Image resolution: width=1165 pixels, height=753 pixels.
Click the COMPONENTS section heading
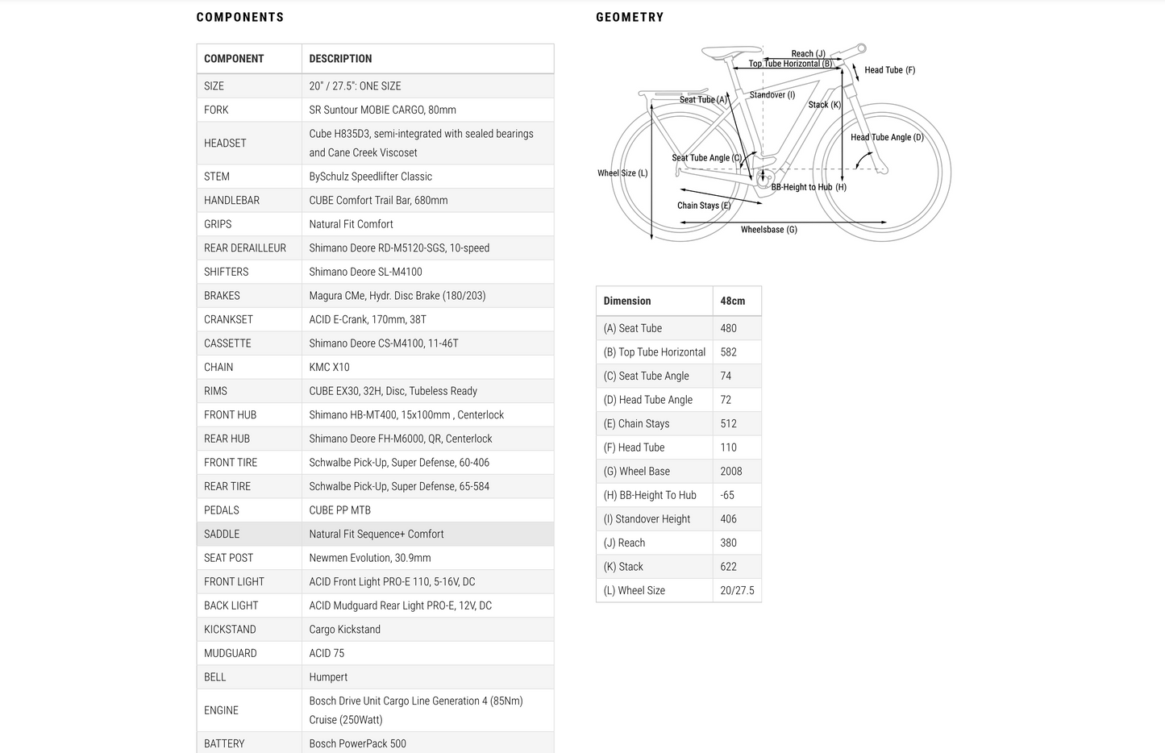click(240, 17)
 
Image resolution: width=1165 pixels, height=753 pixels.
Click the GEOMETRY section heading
click(630, 17)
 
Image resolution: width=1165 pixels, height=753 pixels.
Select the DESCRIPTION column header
click(340, 59)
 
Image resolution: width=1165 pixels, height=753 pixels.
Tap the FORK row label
click(216, 110)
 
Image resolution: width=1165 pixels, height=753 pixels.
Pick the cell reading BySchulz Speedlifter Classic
click(370, 177)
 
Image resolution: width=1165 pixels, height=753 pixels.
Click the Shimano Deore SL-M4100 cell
click(365, 272)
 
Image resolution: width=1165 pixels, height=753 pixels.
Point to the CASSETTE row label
click(227, 343)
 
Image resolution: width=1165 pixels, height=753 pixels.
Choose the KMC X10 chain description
click(329, 367)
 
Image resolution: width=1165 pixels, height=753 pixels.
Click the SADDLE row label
click(222, 534)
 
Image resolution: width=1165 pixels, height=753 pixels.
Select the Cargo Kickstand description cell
click(344, 630)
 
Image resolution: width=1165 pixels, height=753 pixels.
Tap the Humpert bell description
click(328, 677)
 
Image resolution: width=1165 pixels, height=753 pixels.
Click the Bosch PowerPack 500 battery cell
click(357, 743)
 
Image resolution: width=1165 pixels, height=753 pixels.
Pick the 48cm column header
click(732, 301)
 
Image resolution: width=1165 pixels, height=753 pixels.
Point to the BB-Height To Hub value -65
click(727, 495)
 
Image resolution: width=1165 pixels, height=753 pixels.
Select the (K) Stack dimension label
click(623, 567)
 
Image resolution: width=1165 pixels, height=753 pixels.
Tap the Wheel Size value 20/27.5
click(737, 591)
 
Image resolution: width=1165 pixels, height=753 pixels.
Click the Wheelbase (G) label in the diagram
click(768, 230)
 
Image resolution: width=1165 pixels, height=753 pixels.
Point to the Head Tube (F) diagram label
click(889, 70)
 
